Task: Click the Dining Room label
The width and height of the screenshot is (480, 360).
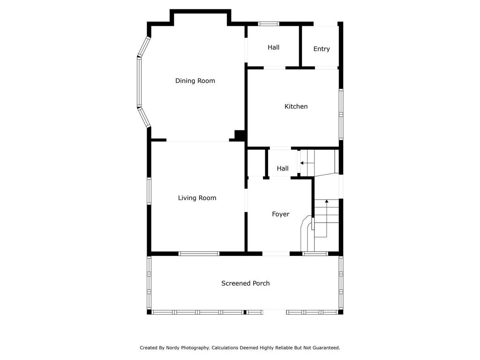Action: [195, 81]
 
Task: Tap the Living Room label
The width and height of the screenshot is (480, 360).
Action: [197, 198]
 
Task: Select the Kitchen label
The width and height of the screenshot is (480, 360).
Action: [296, 106]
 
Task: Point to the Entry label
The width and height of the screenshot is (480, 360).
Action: [322, 49]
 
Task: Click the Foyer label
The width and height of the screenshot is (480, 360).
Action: [281, 214]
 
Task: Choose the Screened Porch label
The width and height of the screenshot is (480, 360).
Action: [246, 284]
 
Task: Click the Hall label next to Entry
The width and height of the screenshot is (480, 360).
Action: [273, 47]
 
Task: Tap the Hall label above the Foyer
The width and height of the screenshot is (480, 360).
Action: [283, 168]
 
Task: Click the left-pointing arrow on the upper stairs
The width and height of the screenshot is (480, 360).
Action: [302, 163]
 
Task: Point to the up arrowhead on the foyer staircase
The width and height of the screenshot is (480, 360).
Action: [327, 201]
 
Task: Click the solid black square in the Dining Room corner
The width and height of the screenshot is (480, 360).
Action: [240, 135]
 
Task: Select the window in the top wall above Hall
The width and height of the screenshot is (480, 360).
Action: [269, 23]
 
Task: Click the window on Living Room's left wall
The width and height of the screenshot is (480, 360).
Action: [149, 191]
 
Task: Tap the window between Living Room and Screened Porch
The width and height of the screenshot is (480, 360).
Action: [199, 254]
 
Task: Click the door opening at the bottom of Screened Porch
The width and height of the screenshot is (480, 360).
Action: [275, 312]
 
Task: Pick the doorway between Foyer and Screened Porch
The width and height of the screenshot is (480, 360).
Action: [276, 254]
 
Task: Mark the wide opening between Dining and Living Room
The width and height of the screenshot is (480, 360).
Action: [198, 140]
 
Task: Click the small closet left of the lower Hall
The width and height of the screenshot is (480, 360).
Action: [256, 163]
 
